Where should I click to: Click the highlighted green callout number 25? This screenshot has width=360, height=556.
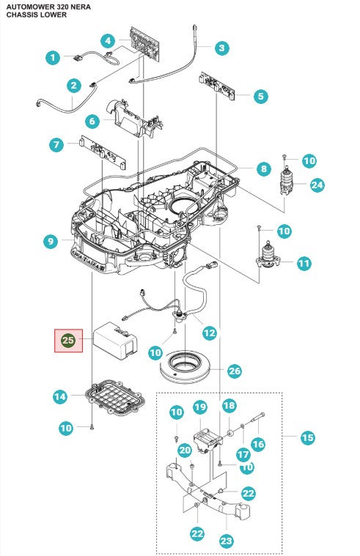click(67, 341)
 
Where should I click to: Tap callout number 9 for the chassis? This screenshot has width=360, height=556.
click(51, 242)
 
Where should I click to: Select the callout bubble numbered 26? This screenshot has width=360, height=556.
click(235, 371)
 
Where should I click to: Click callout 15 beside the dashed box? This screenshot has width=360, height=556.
click(307, 437)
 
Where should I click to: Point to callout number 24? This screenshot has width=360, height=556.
click(317, 185)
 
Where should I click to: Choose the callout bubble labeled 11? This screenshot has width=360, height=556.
click(304, 263)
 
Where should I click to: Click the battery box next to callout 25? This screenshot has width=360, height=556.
click(115, 339)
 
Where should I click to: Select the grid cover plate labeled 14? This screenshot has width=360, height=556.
click(113, 398)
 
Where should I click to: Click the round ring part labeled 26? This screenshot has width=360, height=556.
click(185, 368)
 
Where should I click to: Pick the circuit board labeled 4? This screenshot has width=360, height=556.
click(145, 42)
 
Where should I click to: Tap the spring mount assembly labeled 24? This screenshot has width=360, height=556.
click(287, 181)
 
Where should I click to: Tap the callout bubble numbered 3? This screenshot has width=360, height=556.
click(222, 48)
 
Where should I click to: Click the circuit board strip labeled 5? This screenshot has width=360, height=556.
click(217, 86)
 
